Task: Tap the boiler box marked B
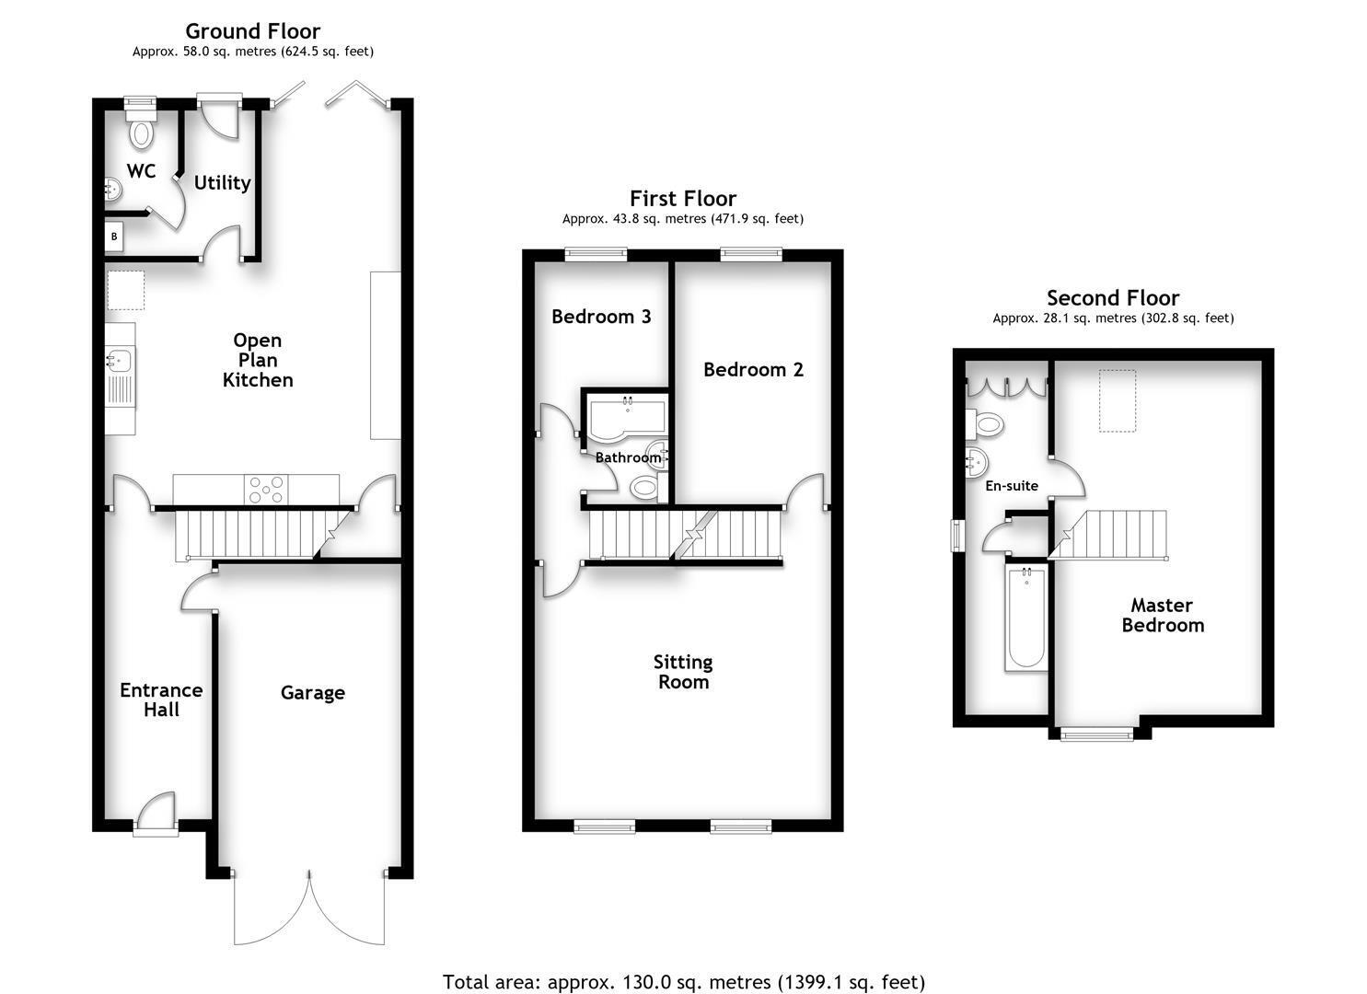[x=114, y=237]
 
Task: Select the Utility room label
[x=222, y=183]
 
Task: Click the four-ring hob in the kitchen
[x=267, y=490]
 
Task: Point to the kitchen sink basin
[x=119, y=360]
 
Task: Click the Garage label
[x=312, y=692]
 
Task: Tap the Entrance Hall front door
[x=156, y=813]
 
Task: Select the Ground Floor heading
[x=252, y=31]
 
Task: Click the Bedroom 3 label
[x=601, y=316]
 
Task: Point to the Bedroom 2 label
[x=753, y=369]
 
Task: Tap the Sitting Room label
[x=683, y=672]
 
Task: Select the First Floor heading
[x=683, y=198]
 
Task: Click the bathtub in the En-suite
[x=1026, y=617]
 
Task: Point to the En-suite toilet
[x=985, y=423]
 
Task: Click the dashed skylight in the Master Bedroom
[x=1118, y=401]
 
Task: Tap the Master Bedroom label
[x=1163, y=615]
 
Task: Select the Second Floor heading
[x=1113, y=298]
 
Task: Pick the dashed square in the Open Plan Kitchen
[x=126, y=291]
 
